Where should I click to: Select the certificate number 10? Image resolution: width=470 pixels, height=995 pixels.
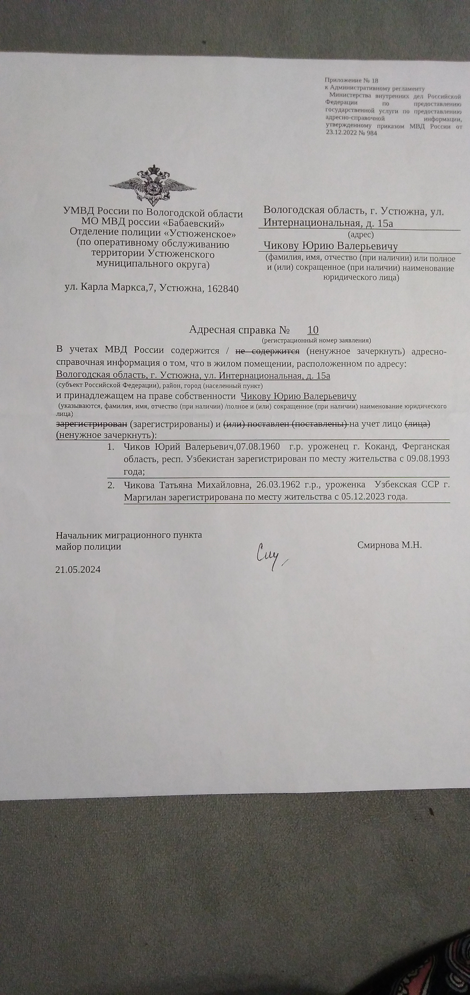[x=313, y=329]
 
